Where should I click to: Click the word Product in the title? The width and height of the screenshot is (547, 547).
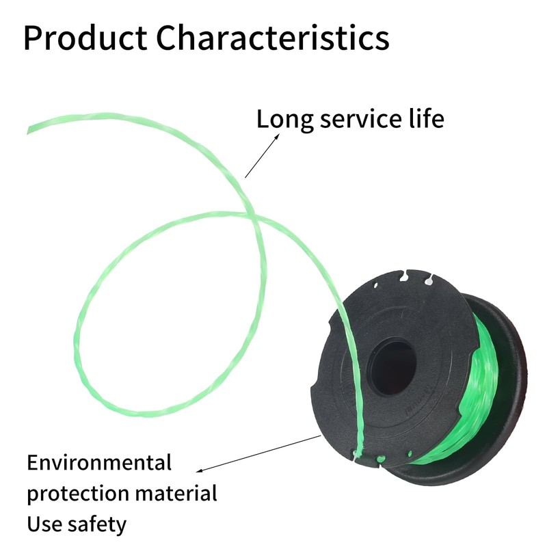pyautogui.click(x=85, y=38)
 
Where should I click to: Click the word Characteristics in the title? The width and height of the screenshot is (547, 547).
pyautogui.click(x=272, y=38)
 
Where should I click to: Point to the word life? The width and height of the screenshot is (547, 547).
pyautogui.click(x=426, y=118)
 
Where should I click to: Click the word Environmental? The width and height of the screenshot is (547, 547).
pyautogui.click(x=99, y=462)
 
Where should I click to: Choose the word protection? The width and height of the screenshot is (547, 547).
pyautogui.click(x=78, y=494)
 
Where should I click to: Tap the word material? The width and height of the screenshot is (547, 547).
pyautogui.click(x=176, y=492)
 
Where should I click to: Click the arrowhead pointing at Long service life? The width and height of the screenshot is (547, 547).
pyautogui.click(x=277, y=136)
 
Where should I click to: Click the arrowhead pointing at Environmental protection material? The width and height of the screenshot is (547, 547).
pyautogui.click(x=200, y=470)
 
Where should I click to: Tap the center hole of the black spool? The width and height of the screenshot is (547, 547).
pyautogui.click(x=393, y=366)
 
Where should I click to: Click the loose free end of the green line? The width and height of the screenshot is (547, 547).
pyautogui.click(x=29, y=130)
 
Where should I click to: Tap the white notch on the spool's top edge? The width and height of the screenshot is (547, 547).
pyautogui.click(x=429, y=279)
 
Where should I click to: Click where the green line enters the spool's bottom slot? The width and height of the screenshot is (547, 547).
pyautogui.click(x=358, y=453)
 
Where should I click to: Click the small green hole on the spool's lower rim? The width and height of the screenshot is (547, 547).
pyautogui.click(x=382, y=459)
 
